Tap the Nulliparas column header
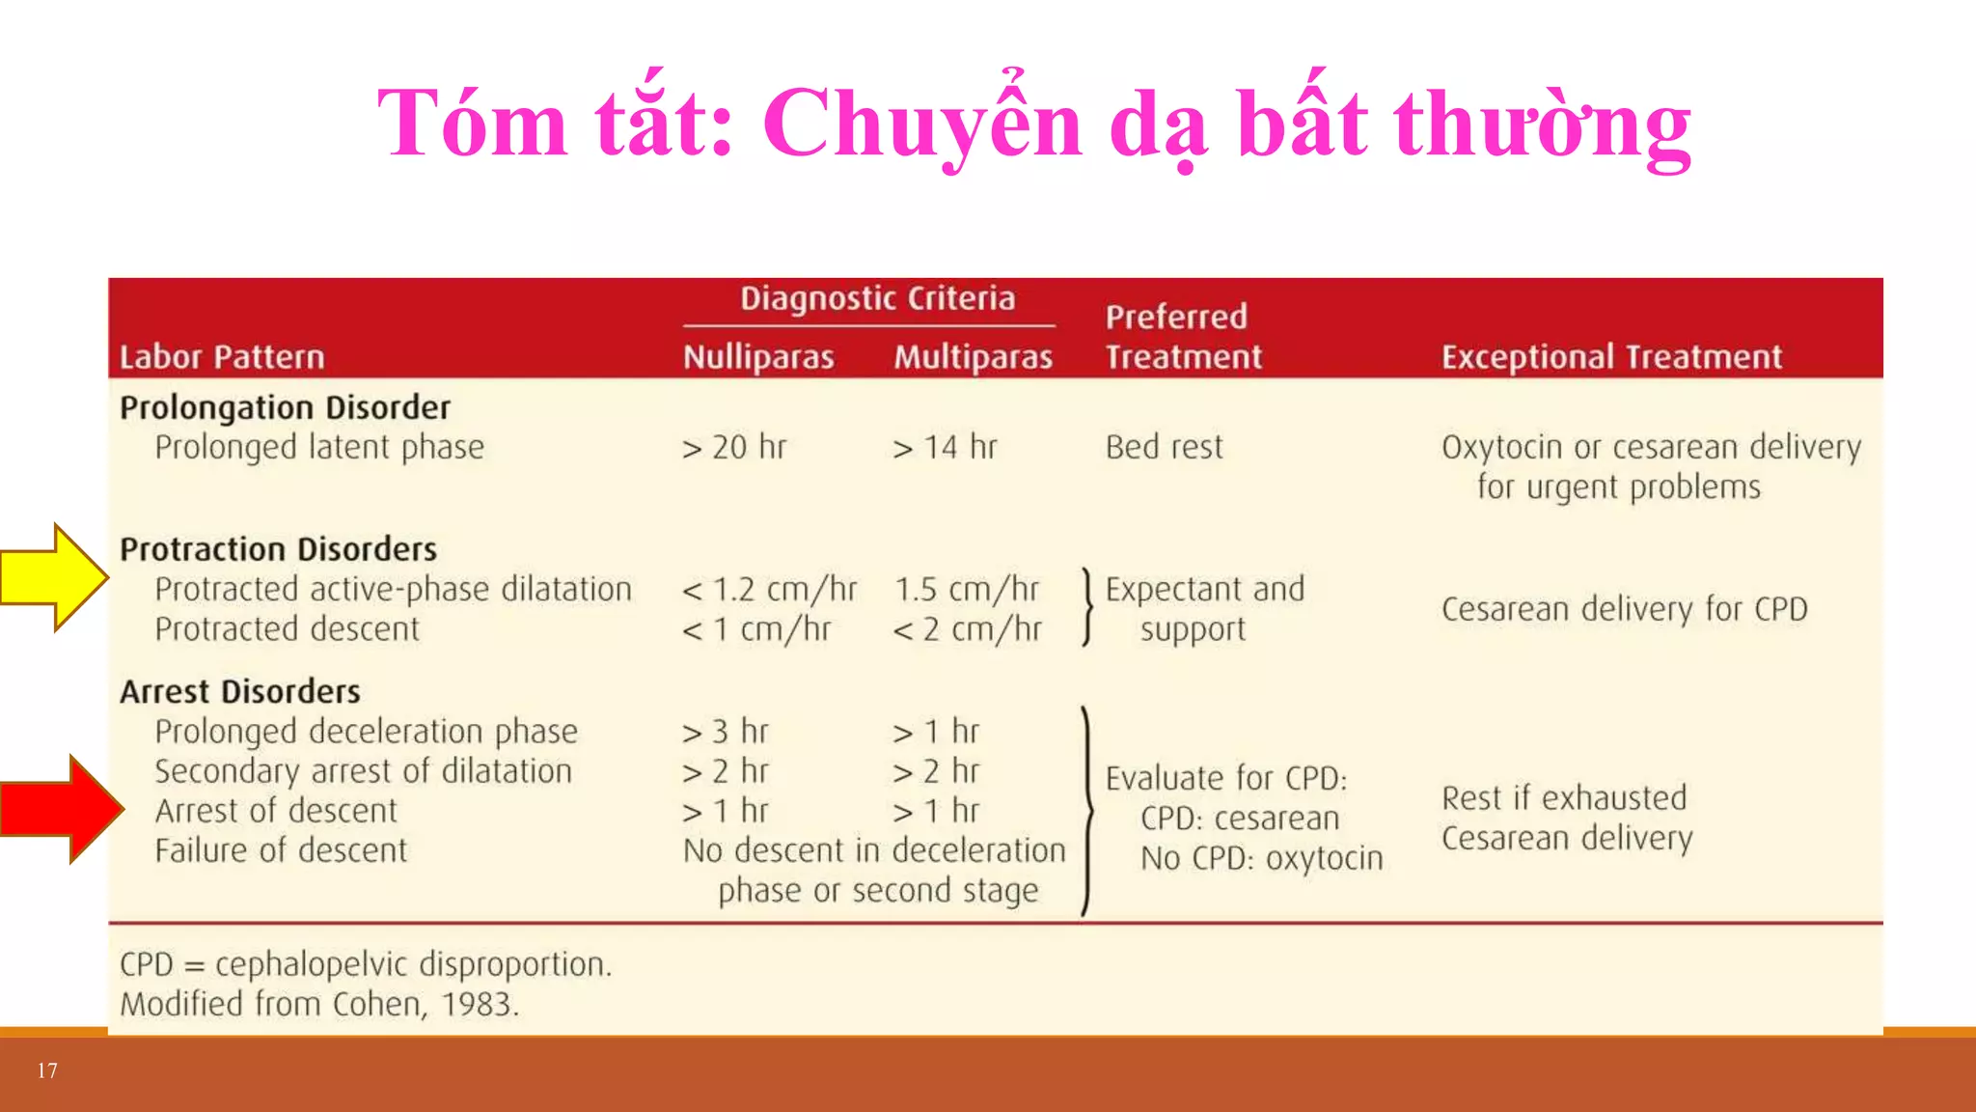click(758, 357)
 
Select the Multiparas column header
click(973, 357)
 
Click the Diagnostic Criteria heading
click(877, 298)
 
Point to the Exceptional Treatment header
click(1611, 357)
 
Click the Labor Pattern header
click(222, 357)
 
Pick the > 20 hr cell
click(734, 447)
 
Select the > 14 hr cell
click(945, 447)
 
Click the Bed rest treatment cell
click(1164, 447)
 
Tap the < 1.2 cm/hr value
click(769, 589)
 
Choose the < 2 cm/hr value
click(967, 629)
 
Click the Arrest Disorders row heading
click(240, 691)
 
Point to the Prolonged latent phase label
click(319, 447)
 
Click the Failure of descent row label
click(281, 850)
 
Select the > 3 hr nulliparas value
click(725, 732)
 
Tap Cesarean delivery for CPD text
click(1624, 609)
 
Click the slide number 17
click(47, 1070)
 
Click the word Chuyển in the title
click(922, 123)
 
